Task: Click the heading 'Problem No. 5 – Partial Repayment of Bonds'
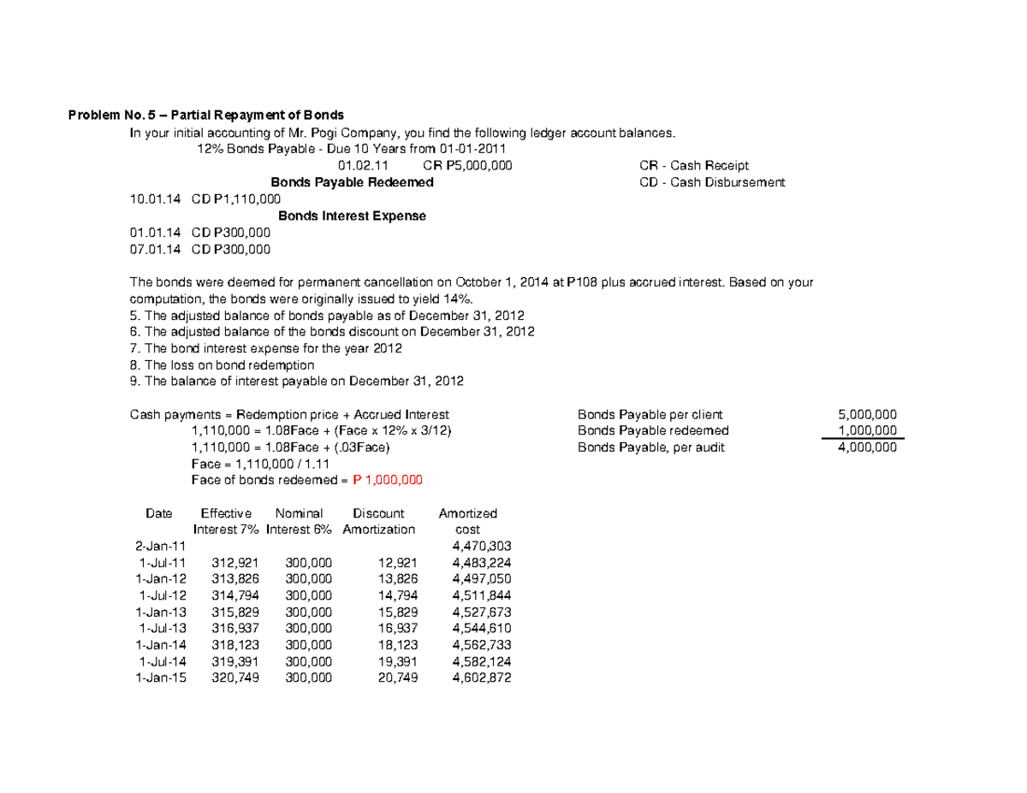click(205, 115)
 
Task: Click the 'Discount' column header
click(378, 513)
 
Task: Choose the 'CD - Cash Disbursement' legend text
click(711, 182)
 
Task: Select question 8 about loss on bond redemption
click(222, 364)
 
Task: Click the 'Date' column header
click(158, 513)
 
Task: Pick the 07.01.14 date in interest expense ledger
click(155, 249)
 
